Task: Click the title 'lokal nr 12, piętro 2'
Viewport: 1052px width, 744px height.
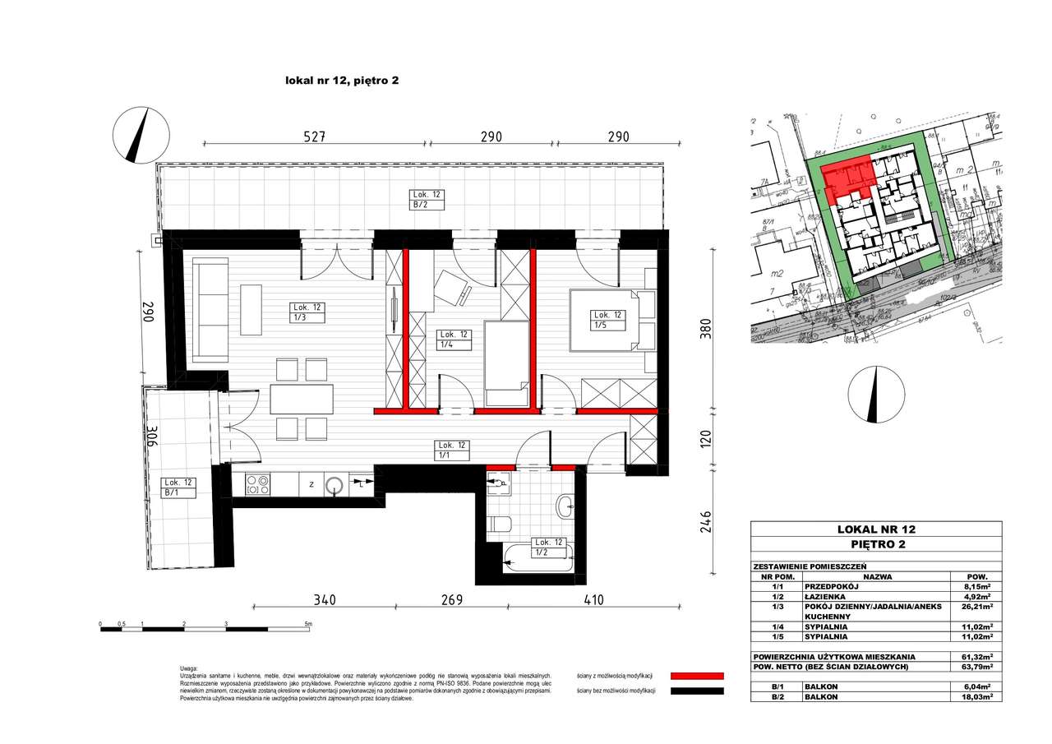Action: click(341, 80)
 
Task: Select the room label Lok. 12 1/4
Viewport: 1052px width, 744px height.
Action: click(454, 340)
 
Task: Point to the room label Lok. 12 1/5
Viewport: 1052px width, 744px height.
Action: click(610, 320)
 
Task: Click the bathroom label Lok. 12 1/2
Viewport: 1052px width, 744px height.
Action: click(548, 548)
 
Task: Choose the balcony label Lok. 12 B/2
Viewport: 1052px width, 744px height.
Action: click(427, 200)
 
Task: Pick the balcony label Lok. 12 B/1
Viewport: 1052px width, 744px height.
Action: click(179, 488)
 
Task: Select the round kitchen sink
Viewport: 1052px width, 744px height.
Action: click(335, 485)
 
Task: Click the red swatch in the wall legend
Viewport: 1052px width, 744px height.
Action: click(698, 675)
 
